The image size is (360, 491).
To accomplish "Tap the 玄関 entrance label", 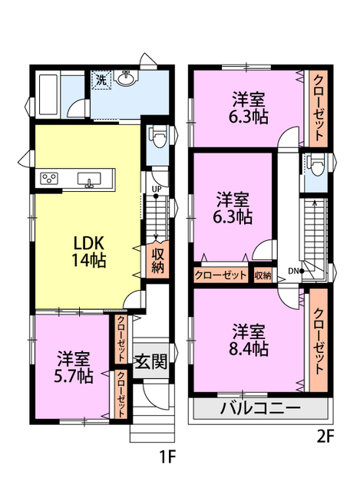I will (150, 361).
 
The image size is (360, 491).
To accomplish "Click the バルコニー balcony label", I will (260, 407).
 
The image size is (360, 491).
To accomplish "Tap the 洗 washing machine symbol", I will (101, 79).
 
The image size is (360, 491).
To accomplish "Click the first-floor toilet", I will (158, 139).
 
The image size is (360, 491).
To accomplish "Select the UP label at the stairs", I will (156, 189).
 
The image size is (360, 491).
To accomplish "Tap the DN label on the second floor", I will (293, 270).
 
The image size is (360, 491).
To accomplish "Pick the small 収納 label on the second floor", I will (263, 275).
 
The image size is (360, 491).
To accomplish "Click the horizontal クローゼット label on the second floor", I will (221, 275).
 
